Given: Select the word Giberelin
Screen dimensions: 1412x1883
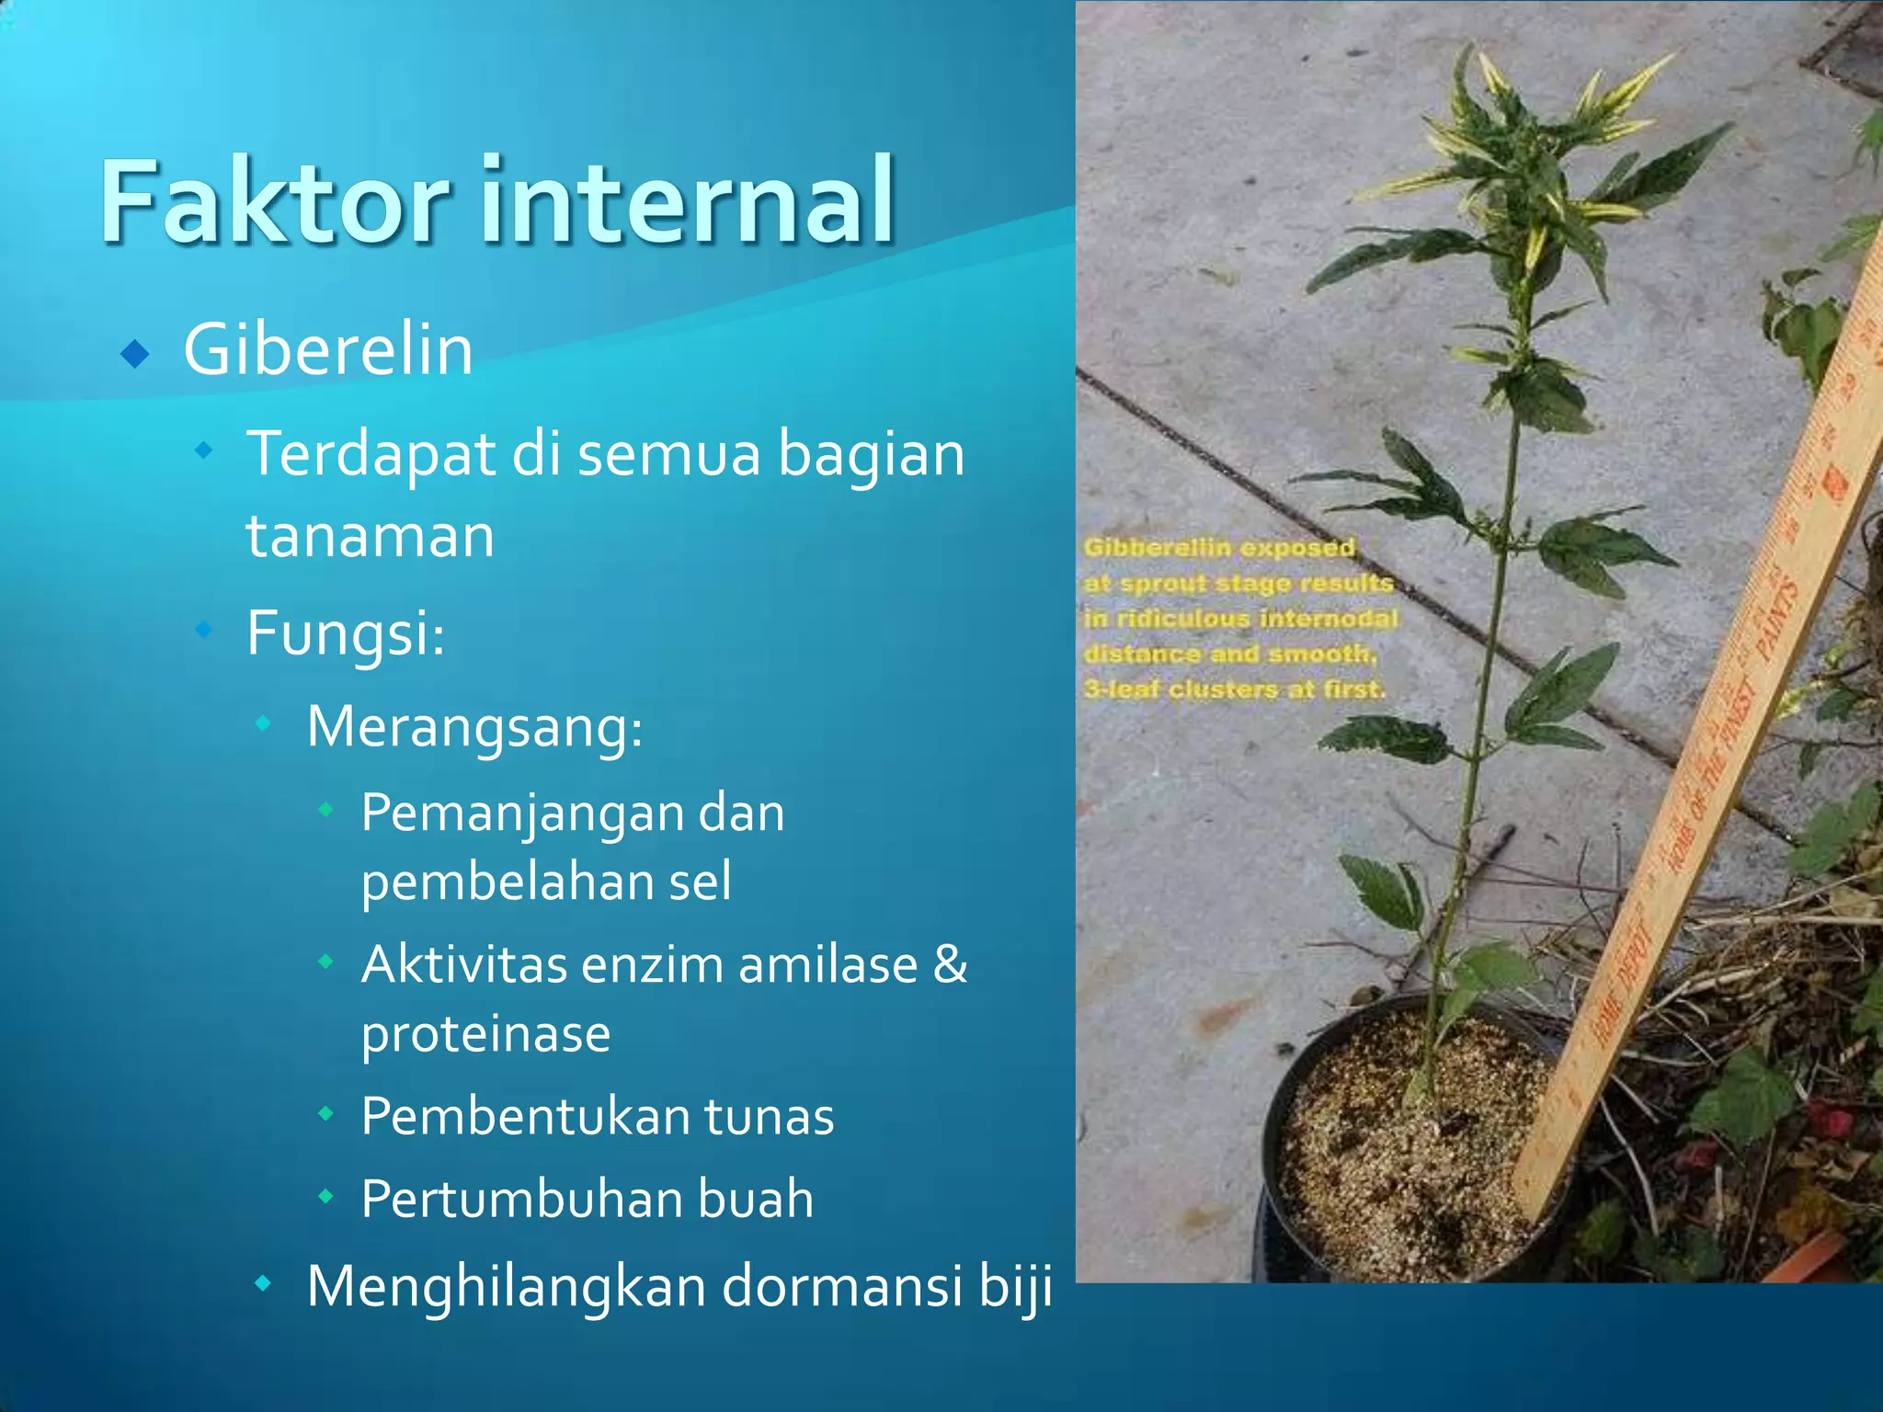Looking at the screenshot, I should (328, 350).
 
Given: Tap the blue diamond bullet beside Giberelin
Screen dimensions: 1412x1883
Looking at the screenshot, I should (135, 353).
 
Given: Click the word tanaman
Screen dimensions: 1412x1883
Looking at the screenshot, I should (370, 535).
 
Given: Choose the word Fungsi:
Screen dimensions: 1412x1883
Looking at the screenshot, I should (346, 633).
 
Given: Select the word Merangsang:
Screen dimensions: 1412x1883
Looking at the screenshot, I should (474, 727).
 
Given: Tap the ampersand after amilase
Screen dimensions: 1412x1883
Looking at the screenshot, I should (950, 965).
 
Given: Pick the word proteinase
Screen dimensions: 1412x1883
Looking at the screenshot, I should (485, 1034).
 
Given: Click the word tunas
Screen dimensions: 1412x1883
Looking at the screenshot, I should (769, 1117).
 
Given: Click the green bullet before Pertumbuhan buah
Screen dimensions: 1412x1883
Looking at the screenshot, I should (325, 1197).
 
